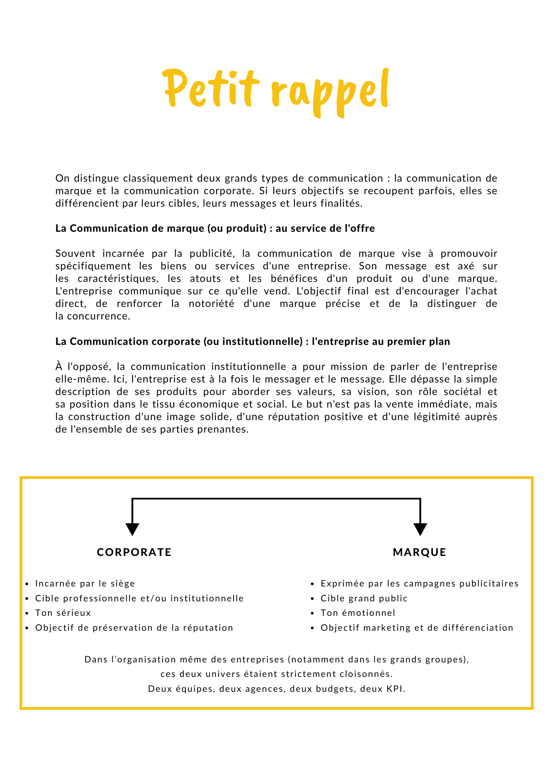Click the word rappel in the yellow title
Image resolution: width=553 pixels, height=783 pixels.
click(x=329, y=91)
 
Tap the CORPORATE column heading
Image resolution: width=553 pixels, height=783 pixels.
click(x=134, y=552)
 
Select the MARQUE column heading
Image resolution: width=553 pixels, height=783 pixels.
click(x=420, y=552)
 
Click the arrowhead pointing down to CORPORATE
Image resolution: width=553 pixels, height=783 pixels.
click(x=133, y=529)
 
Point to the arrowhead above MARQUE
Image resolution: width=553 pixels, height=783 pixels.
click(x=420, y=529)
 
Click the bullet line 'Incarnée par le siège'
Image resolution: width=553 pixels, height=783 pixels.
click(x=85, y=583)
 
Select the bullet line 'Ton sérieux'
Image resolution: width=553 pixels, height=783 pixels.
click(x=63, y=613)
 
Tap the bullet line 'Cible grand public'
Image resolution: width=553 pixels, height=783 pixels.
click(x=364, y=598)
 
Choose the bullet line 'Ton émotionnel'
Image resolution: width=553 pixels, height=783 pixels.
click(x=358, y=613)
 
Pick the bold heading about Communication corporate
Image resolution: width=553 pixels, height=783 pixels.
click(x=253, y=341)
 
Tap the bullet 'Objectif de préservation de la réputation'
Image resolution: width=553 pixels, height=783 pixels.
click(x=134, y=628)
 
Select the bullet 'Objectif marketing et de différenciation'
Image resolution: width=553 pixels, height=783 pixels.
click(x=417, y=628)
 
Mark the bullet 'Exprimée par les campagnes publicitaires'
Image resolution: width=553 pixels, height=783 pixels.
click(x=420, y=583)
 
